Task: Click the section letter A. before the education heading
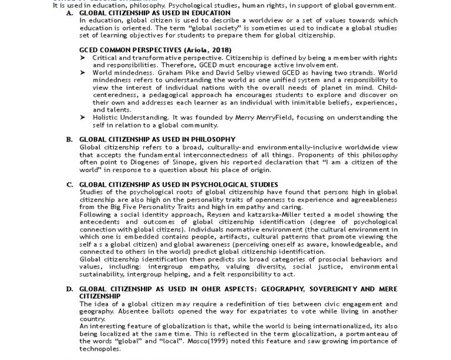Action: (70, 13)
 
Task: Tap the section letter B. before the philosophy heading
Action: (70, 139)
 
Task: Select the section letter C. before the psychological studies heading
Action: (70, 184)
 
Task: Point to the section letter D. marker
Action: (70, 290)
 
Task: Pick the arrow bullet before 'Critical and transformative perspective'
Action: (84, 58)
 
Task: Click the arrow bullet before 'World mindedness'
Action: (84, 73)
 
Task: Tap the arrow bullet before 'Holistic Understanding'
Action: (84, 117)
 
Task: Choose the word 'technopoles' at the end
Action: (99, 349)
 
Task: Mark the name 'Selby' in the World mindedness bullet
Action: (215, 73)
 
